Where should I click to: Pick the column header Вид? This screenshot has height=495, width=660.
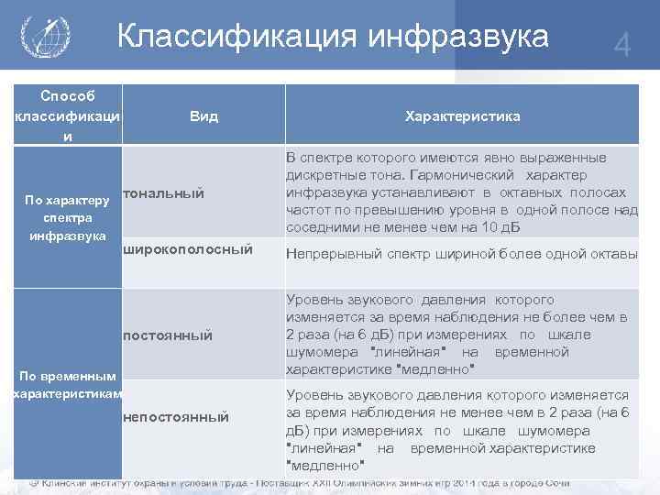pos(203,116)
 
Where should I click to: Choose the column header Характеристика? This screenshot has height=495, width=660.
pos(462,116)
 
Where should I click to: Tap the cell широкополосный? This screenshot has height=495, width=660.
pos(187,249)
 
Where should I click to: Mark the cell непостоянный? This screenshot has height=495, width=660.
pos(175,417)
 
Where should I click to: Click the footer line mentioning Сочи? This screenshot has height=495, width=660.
pos(302,482)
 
